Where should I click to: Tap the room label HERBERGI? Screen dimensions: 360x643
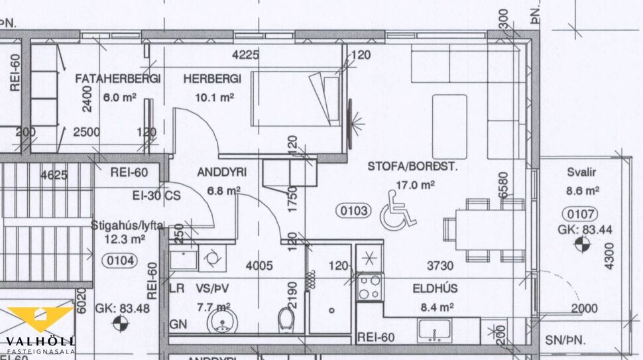[x=212, y=79]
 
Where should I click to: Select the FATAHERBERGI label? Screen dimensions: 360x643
[x=118, y=79]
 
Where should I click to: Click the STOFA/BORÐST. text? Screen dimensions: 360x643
[x=412, y=167]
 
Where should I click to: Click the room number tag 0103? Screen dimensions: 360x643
[x=353, y=211]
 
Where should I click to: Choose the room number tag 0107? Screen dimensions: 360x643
[x=579, y=214]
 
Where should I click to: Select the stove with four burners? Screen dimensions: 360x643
[x=369, y=286]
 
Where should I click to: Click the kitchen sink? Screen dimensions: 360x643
[x=434, y=329]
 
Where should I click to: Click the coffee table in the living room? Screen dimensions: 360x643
[x=449, y=117]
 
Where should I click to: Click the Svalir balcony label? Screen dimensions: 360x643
[x=581, y=172]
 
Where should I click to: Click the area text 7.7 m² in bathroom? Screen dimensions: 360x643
[x=213, y=307]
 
